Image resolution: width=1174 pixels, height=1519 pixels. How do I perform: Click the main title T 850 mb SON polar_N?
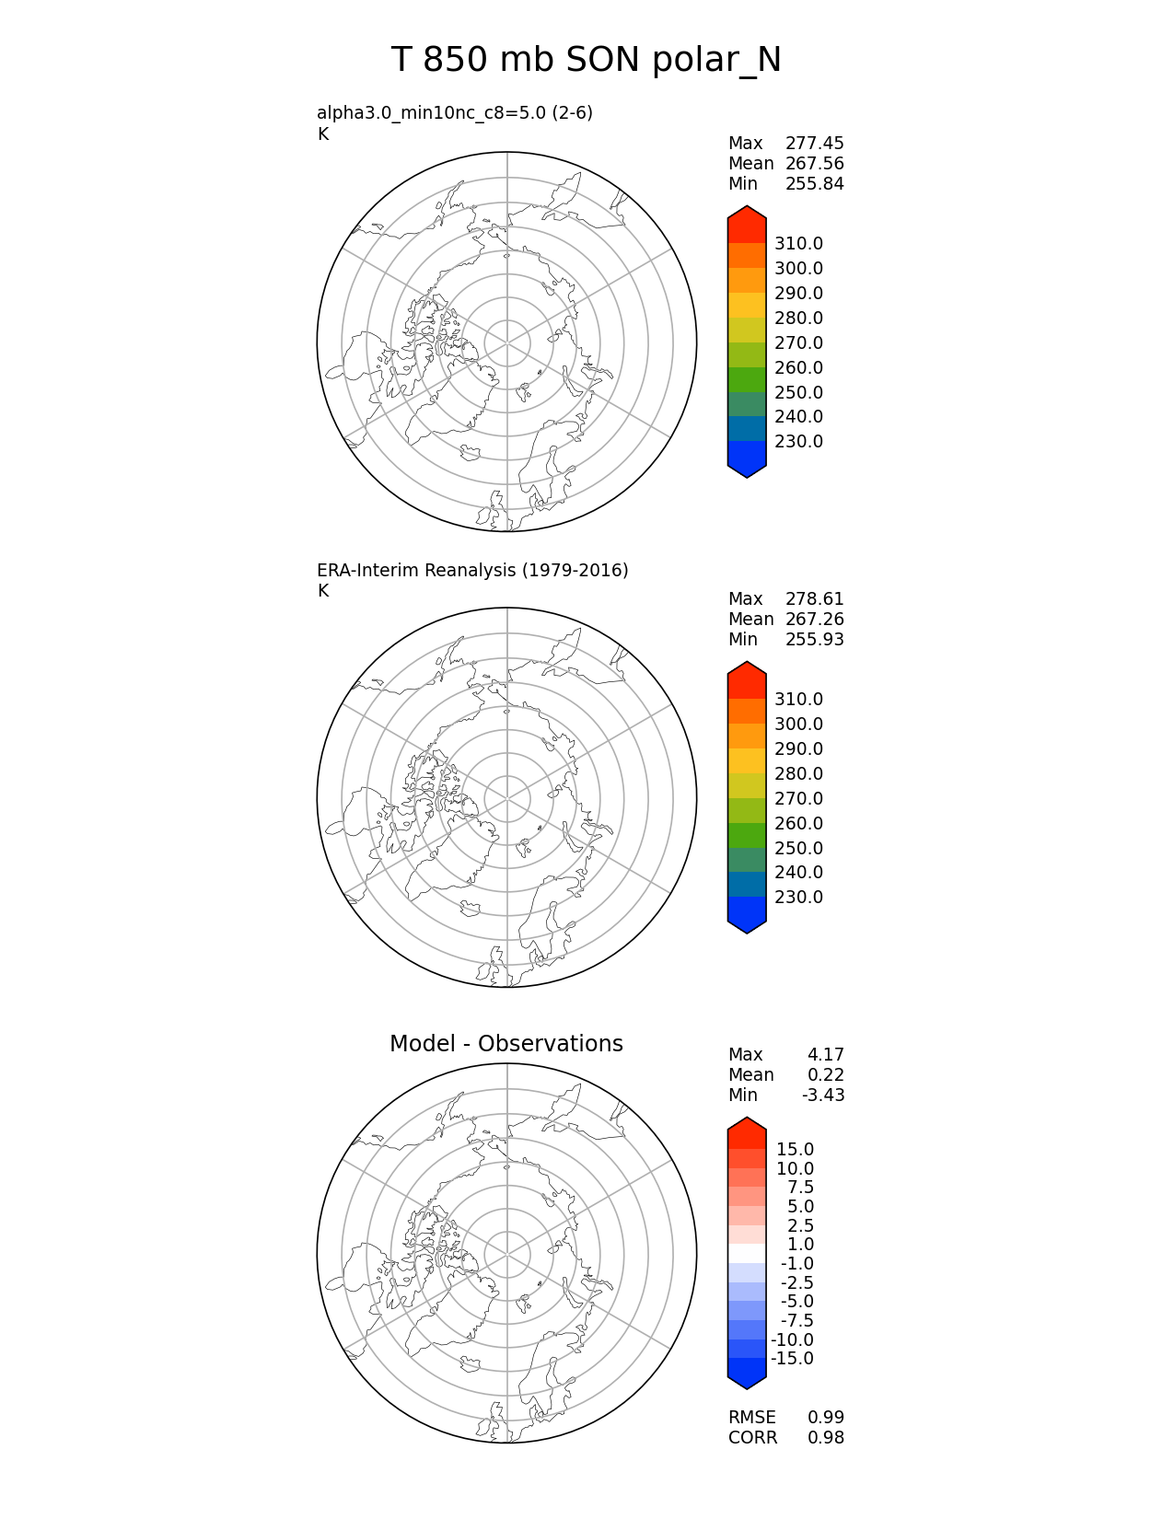pos(586,61)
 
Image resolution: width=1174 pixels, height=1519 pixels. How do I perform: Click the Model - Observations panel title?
pos(506,1044)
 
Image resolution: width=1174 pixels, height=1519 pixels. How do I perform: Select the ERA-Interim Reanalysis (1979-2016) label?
pos(472,571)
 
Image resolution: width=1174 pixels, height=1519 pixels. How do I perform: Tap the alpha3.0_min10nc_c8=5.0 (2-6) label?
pos(455,113)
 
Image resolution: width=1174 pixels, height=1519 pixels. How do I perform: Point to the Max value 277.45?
pos(814,144)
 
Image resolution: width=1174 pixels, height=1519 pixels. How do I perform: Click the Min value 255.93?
pos(814,640)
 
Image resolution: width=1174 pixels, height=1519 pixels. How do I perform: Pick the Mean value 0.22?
pos(826,1075)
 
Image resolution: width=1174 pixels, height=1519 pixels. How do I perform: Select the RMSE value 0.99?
pos(826,1418)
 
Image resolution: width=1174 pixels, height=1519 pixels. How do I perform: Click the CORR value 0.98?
pos(826,1438)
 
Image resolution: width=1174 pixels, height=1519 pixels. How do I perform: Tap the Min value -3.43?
pos(823,1096)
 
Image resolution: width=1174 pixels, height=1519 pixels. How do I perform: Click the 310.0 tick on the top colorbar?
pos(798,244)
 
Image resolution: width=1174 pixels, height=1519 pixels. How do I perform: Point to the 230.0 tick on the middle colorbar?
pos(798,898)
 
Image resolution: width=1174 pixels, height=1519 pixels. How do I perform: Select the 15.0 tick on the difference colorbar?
pos(795,1150)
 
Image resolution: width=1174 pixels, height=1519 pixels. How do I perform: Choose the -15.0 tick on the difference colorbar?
pos(792,1359)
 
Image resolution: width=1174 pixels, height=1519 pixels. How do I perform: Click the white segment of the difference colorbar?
pos(747,1254)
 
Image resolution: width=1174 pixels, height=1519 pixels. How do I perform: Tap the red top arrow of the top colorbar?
pos(747,225)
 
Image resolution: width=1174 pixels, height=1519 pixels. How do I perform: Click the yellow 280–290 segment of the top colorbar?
pos(747,306)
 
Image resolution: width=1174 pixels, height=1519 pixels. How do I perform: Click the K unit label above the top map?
pos(323,134)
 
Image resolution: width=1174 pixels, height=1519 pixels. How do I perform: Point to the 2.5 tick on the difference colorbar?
pos(799,1226)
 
